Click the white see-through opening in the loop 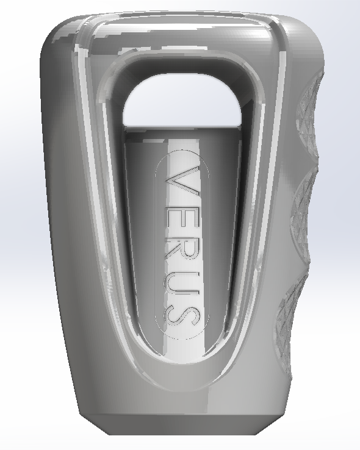182,101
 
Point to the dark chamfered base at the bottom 183,424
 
